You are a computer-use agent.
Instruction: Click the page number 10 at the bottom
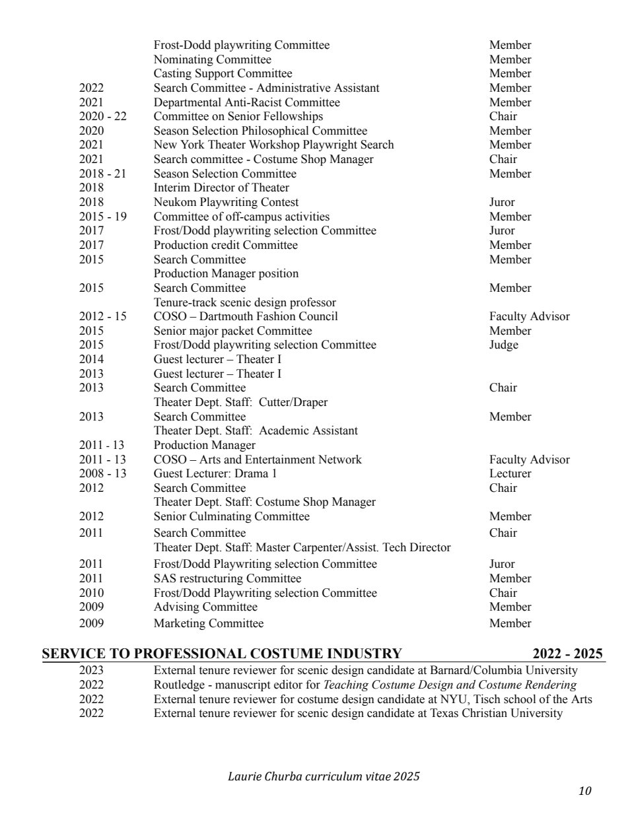pos(584,791)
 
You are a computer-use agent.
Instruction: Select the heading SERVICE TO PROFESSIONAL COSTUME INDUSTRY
pos(222,654)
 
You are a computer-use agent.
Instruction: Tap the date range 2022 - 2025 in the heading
pos(567,654)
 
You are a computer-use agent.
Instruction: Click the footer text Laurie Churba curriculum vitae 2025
pos(324,776)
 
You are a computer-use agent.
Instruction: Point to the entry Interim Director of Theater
pos(221,188)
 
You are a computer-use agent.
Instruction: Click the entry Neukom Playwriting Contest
pos(226,202)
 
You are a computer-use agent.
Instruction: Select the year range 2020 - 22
pos(102,116)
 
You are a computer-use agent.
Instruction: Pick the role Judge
pos(503,345)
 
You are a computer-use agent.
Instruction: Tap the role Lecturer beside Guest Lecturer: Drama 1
pos(510,473)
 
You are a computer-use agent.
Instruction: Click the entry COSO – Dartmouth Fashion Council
pos(246,316)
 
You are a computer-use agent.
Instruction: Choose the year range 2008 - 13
pos(102,473)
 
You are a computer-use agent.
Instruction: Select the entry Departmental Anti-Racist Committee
pos(246,102)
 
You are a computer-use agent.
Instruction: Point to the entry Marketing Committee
pos(208,623)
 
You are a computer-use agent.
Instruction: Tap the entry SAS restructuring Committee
pos(227,578)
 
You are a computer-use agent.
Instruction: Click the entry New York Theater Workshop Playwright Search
pos(273,145)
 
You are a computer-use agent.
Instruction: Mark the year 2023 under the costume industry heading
pos(91,670)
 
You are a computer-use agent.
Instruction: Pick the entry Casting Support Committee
pos(223,73)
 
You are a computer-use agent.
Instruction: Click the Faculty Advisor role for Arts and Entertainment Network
pos(529,460)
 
